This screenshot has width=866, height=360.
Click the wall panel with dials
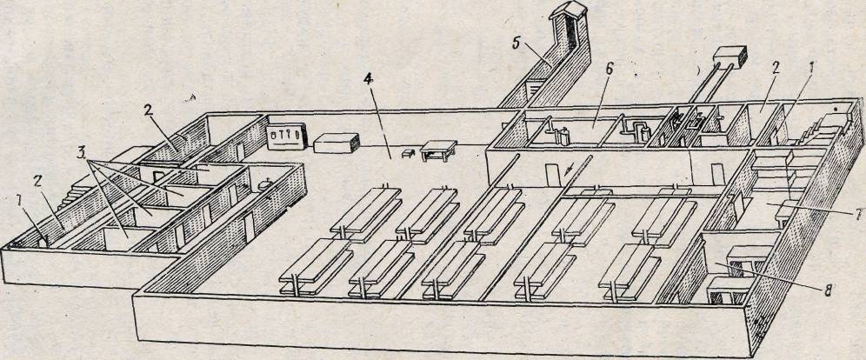tap(286, 135)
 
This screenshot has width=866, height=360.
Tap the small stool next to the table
tap(409, 153)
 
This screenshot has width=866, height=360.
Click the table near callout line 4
tap(439, 150)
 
